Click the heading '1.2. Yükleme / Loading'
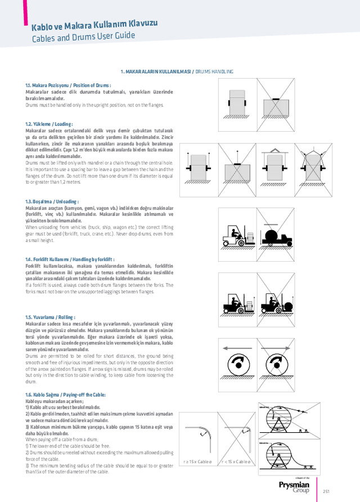tap(49, 124)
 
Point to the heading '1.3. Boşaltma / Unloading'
tap(52, 201)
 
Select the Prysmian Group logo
tap(293, 486)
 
